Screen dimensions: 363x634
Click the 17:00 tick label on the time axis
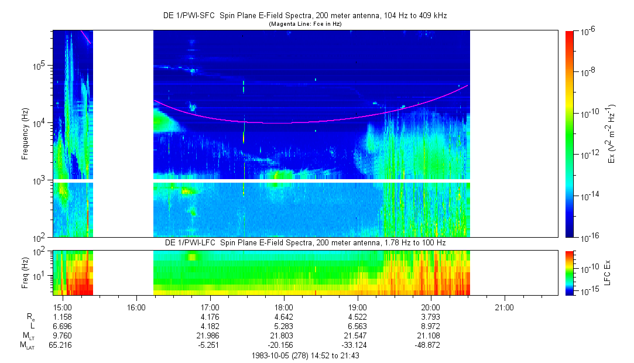pyautogui.click(x=210, y=307)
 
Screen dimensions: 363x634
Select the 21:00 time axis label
pyautogui.click(x=504, y=307)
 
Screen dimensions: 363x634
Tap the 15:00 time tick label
pyautogui.click(x=63, y=307)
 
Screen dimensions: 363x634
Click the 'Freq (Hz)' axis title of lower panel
pyautogui.click(x=25, y=272)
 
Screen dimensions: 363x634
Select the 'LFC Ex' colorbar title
pyautogui.click(x=609, y=273)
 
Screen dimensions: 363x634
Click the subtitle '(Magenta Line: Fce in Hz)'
pyautogui.click(x=305, y=24)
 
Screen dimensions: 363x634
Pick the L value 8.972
pyautogui.click(x=430, y=327)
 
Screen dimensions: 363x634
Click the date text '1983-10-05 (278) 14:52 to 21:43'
pyautogui.click(x=305, y=355)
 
